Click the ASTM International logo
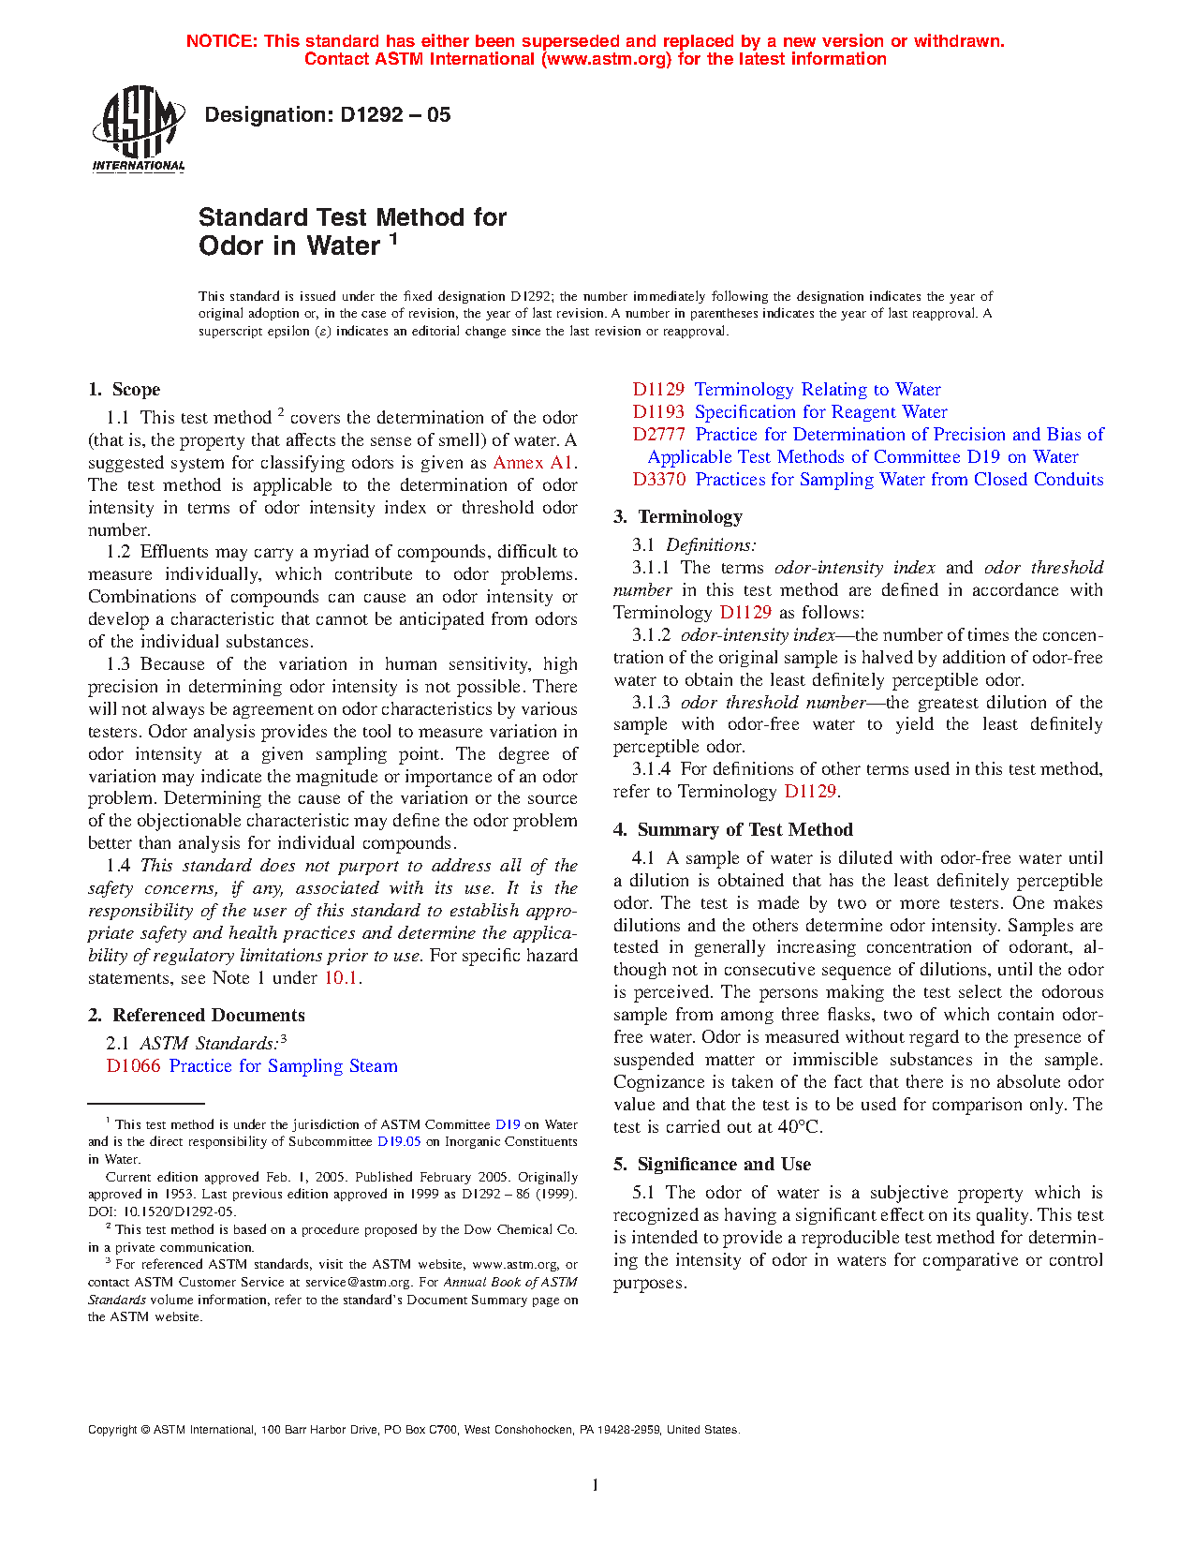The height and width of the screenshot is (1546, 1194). [138, 129]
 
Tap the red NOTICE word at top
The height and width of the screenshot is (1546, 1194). [221, 41]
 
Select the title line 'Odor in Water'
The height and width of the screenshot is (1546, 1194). [289, 245]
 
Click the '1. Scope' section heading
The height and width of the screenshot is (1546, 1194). [124, 390]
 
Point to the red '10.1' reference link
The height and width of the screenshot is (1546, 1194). [341, 978]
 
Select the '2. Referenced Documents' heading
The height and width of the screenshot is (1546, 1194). [196, 1016]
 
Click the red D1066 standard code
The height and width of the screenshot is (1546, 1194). [133, 1066]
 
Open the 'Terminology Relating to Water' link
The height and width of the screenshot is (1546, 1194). [818, 390]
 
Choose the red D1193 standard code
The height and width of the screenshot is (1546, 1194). [658, 412]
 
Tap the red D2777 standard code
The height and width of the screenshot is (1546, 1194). [658, 435]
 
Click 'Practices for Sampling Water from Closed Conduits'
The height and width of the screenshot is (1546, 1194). [899, 480]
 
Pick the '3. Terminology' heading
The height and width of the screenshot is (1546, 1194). [678, 517]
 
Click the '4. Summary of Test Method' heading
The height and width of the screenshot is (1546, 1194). [733, 830]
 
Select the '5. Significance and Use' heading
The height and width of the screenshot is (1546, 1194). [712, 1165]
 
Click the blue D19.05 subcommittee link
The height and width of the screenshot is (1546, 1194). [399, 1142]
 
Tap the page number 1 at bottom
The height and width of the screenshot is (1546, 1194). [595, 1485]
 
